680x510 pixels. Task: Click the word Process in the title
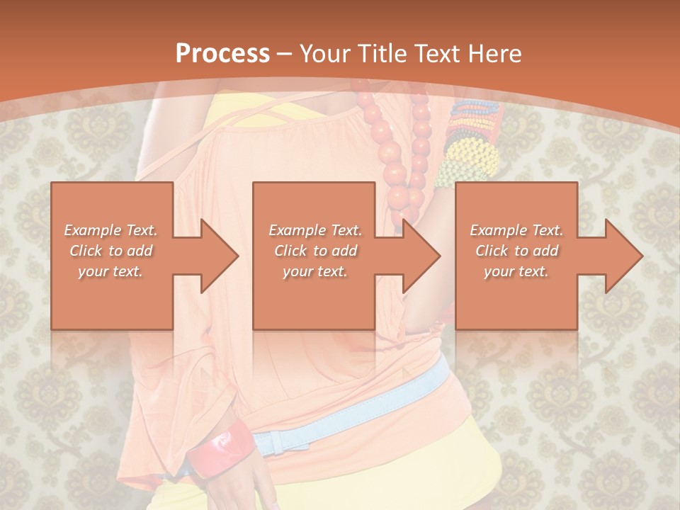(x=222, y=54)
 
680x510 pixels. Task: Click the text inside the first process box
(x=110, y=251)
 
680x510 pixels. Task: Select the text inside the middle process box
(x=314, y=251)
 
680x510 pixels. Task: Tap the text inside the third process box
(x=516, y=251)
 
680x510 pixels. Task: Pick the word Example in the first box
(x=93, y=230)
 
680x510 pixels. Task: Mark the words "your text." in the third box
(x=516, y=271)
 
